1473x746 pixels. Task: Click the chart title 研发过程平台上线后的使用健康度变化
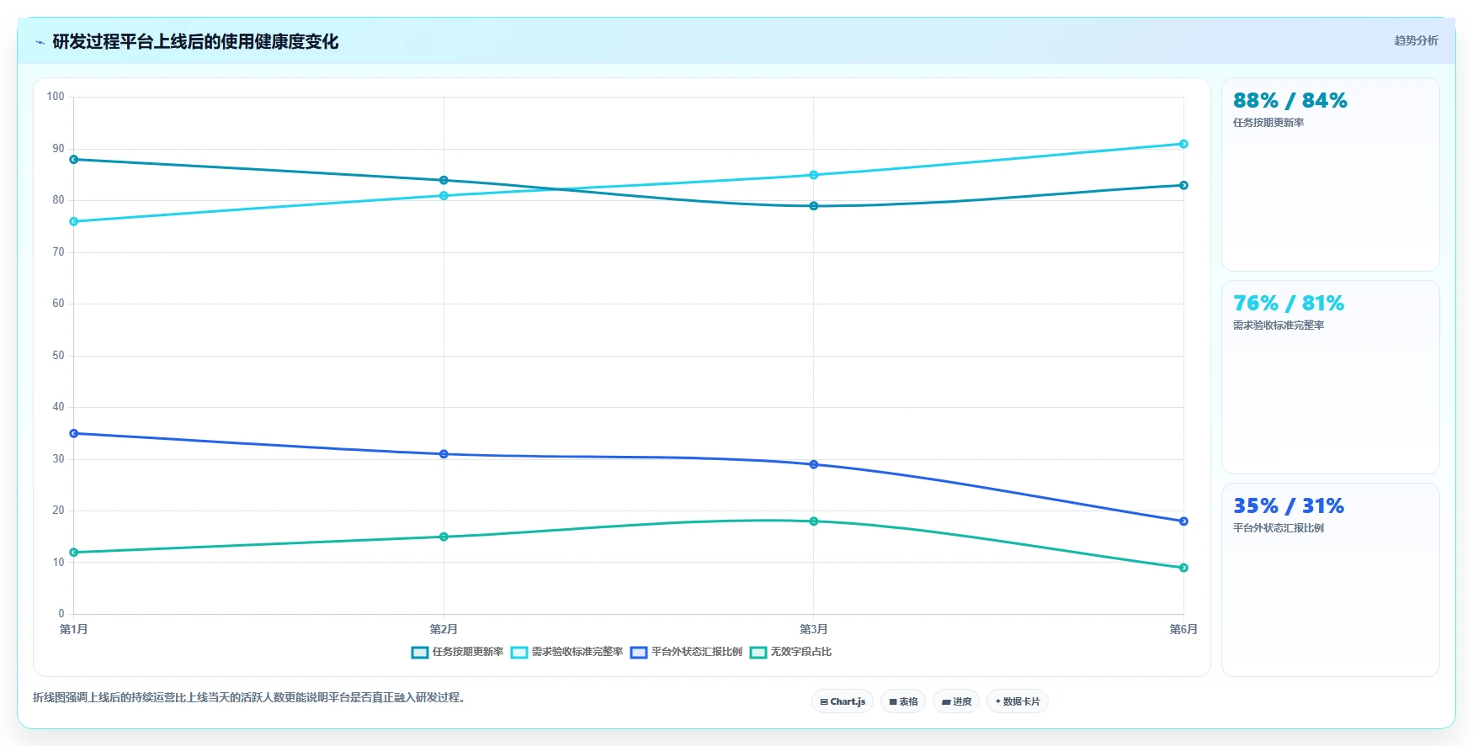pos(195,41)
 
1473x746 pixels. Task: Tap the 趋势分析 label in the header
pos(1416,40)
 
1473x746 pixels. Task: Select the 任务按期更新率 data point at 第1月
pos(74,159)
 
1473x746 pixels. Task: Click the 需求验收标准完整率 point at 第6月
pos(1183,144)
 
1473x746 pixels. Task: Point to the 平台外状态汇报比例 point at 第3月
pos(813,464)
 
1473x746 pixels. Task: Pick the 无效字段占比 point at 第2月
pos(444,537)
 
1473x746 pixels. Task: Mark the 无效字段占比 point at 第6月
pos(1183,568)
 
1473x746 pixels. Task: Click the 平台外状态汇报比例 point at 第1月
pos(74,433)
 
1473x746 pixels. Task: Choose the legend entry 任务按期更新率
pos(457,652)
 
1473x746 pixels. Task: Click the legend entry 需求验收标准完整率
pos(566,652)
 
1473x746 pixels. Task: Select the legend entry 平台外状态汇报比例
pos(686,652)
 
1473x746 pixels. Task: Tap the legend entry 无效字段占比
pos(790,652)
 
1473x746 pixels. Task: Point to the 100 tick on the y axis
pos(56,97)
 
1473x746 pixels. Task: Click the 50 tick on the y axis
pos(58,355)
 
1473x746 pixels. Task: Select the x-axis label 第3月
pos(813,629)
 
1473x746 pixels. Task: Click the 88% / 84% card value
pos(1290,101)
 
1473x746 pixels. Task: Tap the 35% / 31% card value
pos(1289,506)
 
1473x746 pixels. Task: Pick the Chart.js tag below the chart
pos(843,701)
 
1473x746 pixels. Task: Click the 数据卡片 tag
pos(1017,701)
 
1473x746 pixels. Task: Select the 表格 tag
pos(903,701)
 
